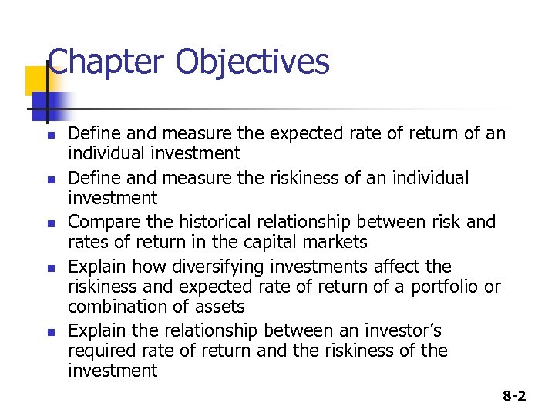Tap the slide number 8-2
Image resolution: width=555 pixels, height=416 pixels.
pos(514,396)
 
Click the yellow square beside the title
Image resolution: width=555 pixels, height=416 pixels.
pos(37,80)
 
